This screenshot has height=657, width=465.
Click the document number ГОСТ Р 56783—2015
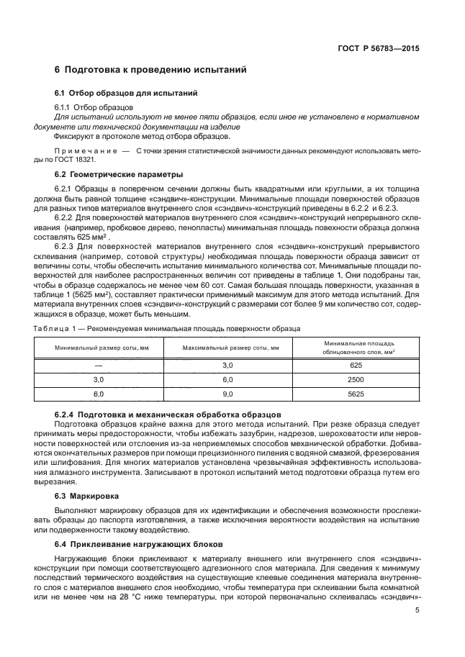tap(379, 49)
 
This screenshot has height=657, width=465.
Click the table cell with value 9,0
tap(230, 394)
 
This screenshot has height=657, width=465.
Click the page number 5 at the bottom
tap(417, 610)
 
